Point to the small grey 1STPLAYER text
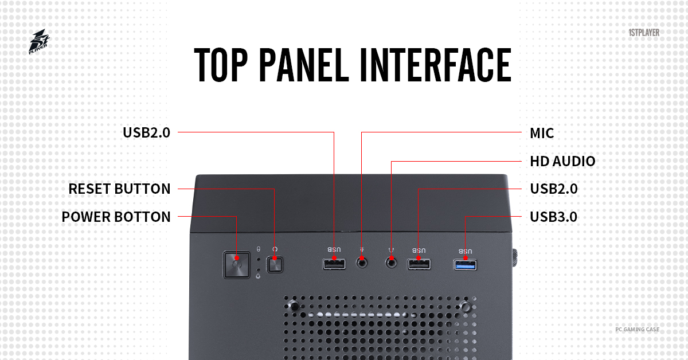644,33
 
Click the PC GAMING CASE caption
637,330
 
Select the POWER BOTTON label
116,217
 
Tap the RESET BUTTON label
119,189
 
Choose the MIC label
542,134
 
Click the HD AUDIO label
562,162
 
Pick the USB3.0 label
553,217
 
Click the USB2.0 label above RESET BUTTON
146,133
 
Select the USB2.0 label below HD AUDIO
553,189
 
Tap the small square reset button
275,265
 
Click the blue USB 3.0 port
465,264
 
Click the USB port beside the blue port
419,264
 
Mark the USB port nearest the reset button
334,264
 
